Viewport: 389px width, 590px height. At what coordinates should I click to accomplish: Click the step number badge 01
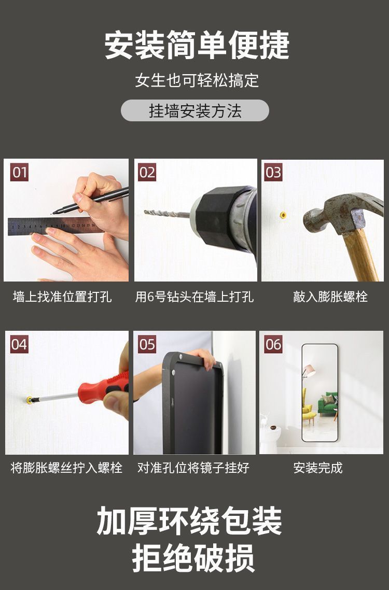[x=19, y=172]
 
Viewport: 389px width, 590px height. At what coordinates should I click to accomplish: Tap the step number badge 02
[x=147, y=172]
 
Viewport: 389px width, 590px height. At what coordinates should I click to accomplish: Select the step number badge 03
[x=273, y=172]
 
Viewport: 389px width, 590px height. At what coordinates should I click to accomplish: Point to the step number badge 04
[x=19, y=344]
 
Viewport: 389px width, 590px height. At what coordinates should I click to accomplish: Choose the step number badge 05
[x=147, y=344]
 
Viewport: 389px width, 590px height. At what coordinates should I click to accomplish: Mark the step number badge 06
[x=273, y=344]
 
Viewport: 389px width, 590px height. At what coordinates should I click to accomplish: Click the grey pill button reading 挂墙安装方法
[x=195, y=110]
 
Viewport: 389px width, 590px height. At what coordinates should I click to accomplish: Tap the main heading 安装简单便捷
[x=197, y=45]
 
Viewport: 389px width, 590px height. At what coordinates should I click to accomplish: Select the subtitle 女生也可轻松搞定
[x=197, y=80]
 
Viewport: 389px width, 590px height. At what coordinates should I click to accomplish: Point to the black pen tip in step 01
[x=54, y=213]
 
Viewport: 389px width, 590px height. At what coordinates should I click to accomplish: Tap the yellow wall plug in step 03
[x=283, y=215]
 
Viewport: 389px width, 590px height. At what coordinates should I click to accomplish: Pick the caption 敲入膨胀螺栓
[x=330, y=297]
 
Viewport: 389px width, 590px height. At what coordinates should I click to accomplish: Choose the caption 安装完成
[x=318, y=468]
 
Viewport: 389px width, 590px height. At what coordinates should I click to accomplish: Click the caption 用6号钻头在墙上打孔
[x=195, y=297]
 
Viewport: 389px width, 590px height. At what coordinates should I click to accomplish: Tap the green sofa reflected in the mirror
[x=327, y=404]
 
